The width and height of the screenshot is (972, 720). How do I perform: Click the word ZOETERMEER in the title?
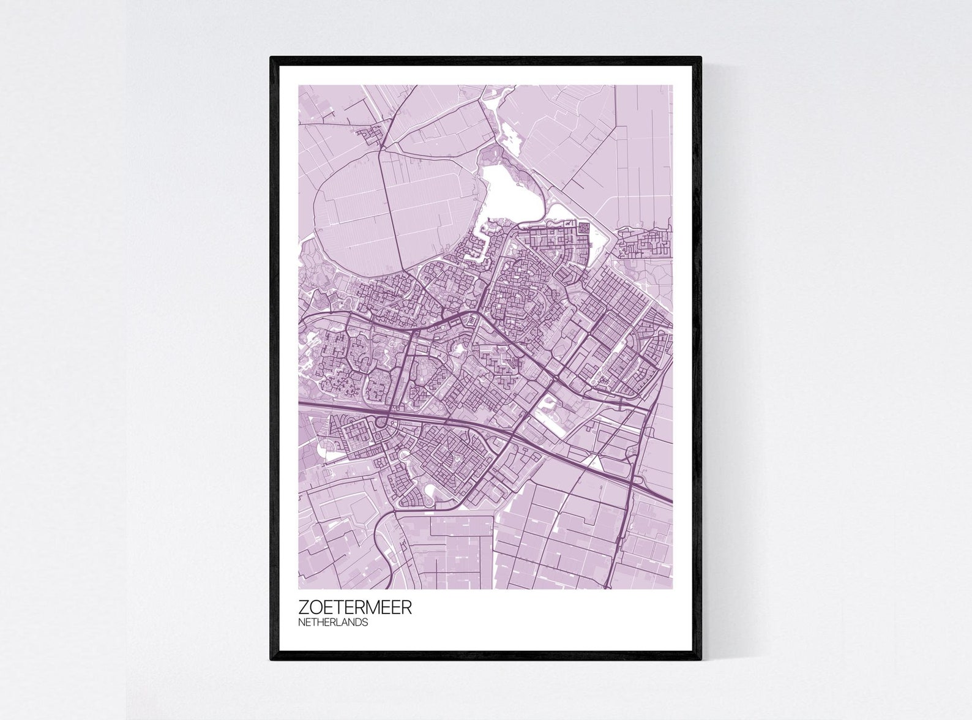pyautogui.click(x=355, y=608)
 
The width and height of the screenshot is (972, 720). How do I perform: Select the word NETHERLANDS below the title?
pyautogui.click(x=334, y=623)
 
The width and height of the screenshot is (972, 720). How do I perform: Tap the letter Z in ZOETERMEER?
pyautogui.click(x=304, y=608)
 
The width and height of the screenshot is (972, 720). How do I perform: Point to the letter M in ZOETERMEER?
pyautogui.click(x=373, y=608)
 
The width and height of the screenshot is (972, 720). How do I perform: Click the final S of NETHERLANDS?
pyautogui.click(x=365, y=623)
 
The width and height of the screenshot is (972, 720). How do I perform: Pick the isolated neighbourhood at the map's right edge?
pyautogui.click(x=646, y=241)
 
